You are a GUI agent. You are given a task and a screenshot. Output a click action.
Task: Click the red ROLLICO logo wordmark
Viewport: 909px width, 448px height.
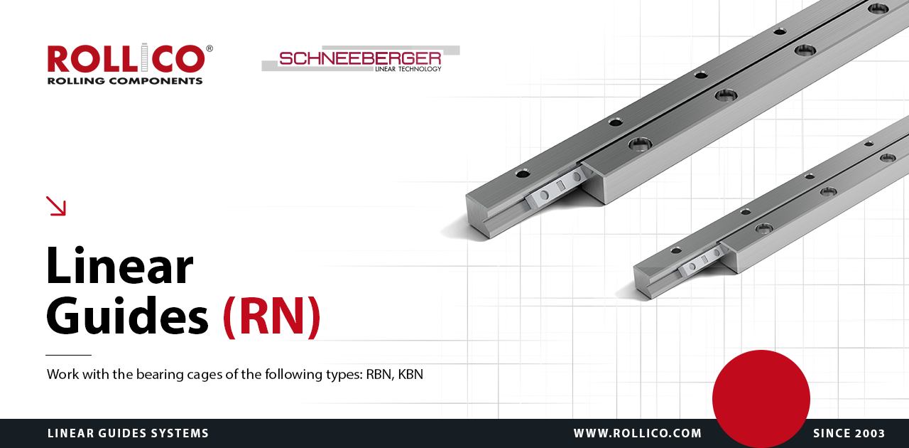point(126,58)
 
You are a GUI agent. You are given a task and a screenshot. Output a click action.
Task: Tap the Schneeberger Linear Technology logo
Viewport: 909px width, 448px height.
point(360,59)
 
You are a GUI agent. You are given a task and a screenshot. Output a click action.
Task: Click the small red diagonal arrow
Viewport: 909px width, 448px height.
point(55,206)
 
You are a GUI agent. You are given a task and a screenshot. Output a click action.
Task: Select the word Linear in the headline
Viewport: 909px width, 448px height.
point(119,265)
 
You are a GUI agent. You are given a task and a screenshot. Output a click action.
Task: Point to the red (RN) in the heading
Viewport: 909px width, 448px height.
point(271,316)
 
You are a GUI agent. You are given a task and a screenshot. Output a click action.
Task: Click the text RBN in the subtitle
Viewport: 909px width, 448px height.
point(379,374)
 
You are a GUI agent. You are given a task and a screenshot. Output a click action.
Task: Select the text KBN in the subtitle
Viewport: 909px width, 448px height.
point(410,374)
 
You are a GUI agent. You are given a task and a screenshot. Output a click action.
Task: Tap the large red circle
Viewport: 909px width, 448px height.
point(761,399)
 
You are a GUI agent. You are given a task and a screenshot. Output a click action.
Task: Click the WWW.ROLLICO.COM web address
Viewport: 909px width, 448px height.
point(638,433)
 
